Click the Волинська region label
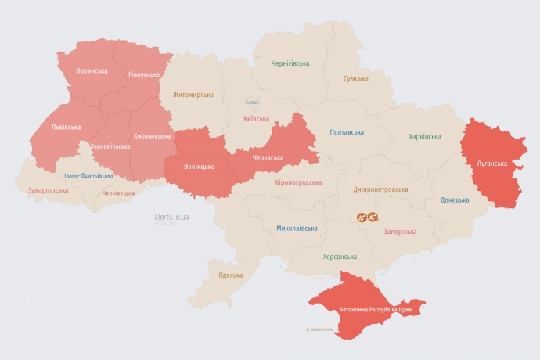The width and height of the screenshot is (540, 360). click(92, 71)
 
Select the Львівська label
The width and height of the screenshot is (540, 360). click(67, 126)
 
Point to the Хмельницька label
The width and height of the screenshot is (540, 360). click(152, 136)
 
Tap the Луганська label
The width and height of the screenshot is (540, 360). click(492, 164)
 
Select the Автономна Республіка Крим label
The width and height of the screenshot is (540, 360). click(376, 310)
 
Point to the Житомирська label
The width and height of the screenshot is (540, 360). click(193, 95)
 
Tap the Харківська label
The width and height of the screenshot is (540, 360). click(425, 137)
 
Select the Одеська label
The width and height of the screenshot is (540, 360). click(230, 275)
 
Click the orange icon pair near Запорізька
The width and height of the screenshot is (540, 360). click(368, 217)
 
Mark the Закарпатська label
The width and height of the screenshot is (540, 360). click(47, 190)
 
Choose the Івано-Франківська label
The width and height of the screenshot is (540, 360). click(88, 175)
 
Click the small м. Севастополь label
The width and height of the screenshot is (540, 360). click(319, 329)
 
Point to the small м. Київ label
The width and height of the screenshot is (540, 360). click(251, 103)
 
